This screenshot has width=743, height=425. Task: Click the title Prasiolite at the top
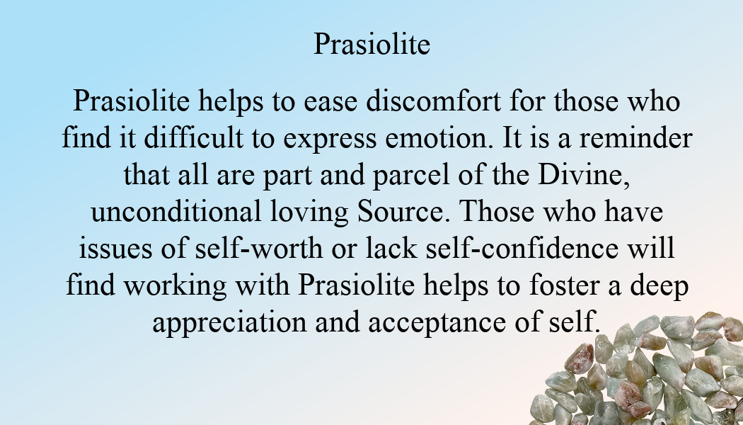[x=372, y=44]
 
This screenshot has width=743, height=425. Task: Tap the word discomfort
[x=433, y=101]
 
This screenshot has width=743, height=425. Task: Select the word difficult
[x=193, y=138]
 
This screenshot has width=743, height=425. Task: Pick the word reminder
[x=636, y=138]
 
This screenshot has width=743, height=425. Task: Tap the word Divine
[x=584, y=175]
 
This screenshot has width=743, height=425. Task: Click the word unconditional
[x=175, y=212]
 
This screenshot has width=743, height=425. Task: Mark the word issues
[x=115, y=249]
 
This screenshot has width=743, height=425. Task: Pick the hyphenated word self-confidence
[x=522, y=249]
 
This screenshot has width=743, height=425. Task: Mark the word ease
[x=330, y=103]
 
